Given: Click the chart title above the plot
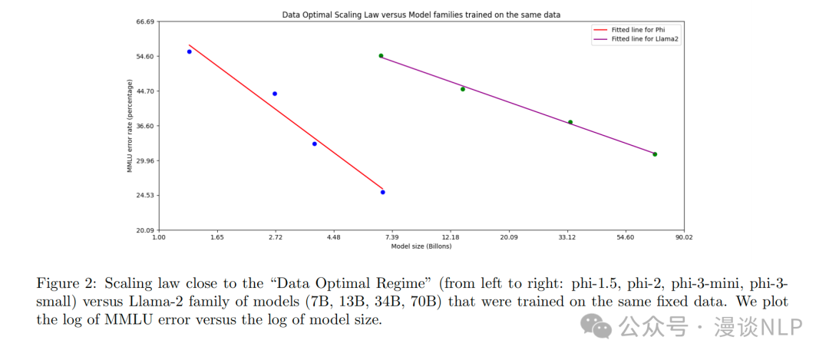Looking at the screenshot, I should [x=421, y=15].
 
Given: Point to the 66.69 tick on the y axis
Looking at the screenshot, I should [x=144, y=21].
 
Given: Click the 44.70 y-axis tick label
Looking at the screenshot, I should [x=144, y=91].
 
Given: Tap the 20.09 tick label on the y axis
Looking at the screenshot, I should [x=144, y=230].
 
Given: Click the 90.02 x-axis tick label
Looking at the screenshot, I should [x=684, y=238].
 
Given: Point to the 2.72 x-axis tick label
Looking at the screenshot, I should [x=276, y=238].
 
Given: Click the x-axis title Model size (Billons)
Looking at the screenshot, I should [x=421, y=246].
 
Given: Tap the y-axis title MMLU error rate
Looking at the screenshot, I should [x=130, y=126].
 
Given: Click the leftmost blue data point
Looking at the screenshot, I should [x=189, y=51].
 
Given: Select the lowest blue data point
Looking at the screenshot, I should [x=382, y=192].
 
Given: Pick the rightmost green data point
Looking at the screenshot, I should [x=655, y=154].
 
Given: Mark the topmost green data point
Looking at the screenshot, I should [x=381, y=56].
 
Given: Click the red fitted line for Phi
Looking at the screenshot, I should [x=286, y=116].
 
